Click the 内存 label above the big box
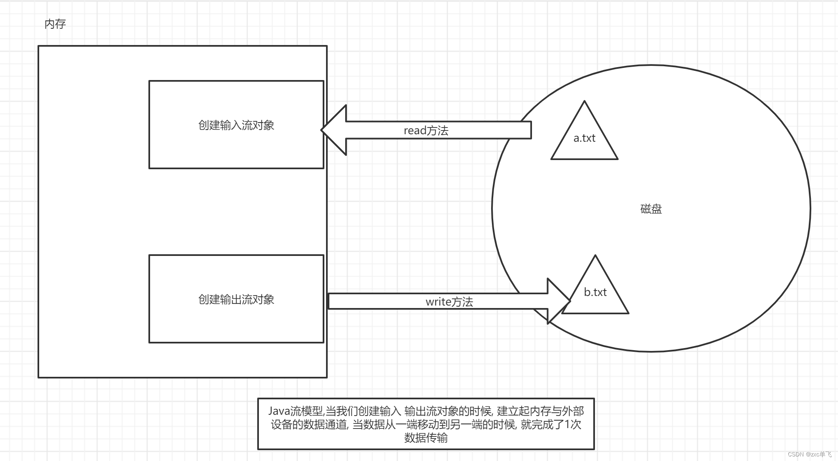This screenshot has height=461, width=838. (x=55, y=24)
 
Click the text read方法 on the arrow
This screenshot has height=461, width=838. (x=426, y=130)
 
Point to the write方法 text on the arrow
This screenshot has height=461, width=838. (x=449, y=302)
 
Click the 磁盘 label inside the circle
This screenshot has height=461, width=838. (x=651, y=209)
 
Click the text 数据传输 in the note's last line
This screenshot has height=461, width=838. (x=426, y=438)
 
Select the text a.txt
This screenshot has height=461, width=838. (x=584, y=138)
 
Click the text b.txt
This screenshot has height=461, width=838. (x=595, y=292)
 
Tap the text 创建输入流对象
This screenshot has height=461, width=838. (x=236, y=125)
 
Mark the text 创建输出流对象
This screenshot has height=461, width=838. (x=236, y=299)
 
